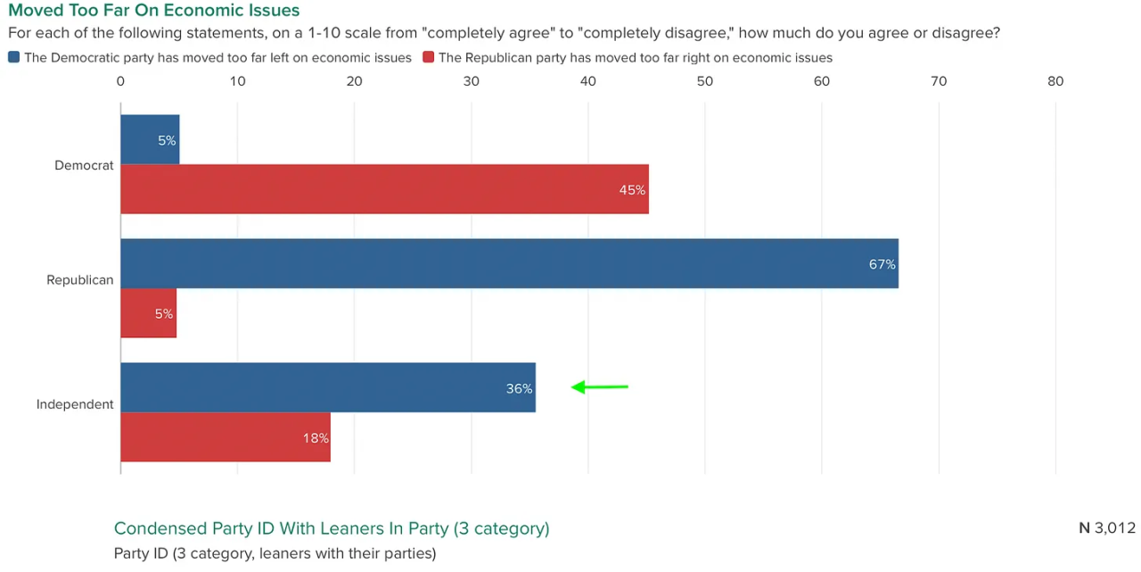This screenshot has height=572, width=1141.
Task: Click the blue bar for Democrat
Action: pos(150,140)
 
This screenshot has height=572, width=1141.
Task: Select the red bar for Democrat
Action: pos(383,189)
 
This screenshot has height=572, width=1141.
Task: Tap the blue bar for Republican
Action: pos(508,263)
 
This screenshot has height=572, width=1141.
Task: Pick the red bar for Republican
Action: pos(148,313)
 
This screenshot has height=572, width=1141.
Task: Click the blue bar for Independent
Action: pos(327,387)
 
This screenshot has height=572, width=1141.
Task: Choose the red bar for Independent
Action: pos(225,437)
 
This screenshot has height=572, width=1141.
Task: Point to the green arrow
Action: pos(599,387)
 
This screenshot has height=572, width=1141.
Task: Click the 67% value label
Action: pos(882,264)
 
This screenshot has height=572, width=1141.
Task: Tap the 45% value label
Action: pos(632,189)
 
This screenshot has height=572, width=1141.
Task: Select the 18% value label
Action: pos(316,438)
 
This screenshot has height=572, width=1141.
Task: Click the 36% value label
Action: pos(519,388)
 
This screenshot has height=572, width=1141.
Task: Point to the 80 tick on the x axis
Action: pos(1055,81)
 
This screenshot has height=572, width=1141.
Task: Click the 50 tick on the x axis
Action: pos(704,81)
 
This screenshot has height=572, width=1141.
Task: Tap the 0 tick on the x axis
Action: pos(120,81)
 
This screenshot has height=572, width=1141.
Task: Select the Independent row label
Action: pos(75,404)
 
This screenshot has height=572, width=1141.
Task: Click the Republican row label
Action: pos(80,280)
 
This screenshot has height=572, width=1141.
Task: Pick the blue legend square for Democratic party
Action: pos(13,57)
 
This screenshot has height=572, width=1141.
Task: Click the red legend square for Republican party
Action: pos(428,57)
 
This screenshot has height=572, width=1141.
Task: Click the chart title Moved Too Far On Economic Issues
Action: pos(153,11)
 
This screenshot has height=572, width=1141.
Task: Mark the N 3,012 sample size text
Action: pos(1106,527)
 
